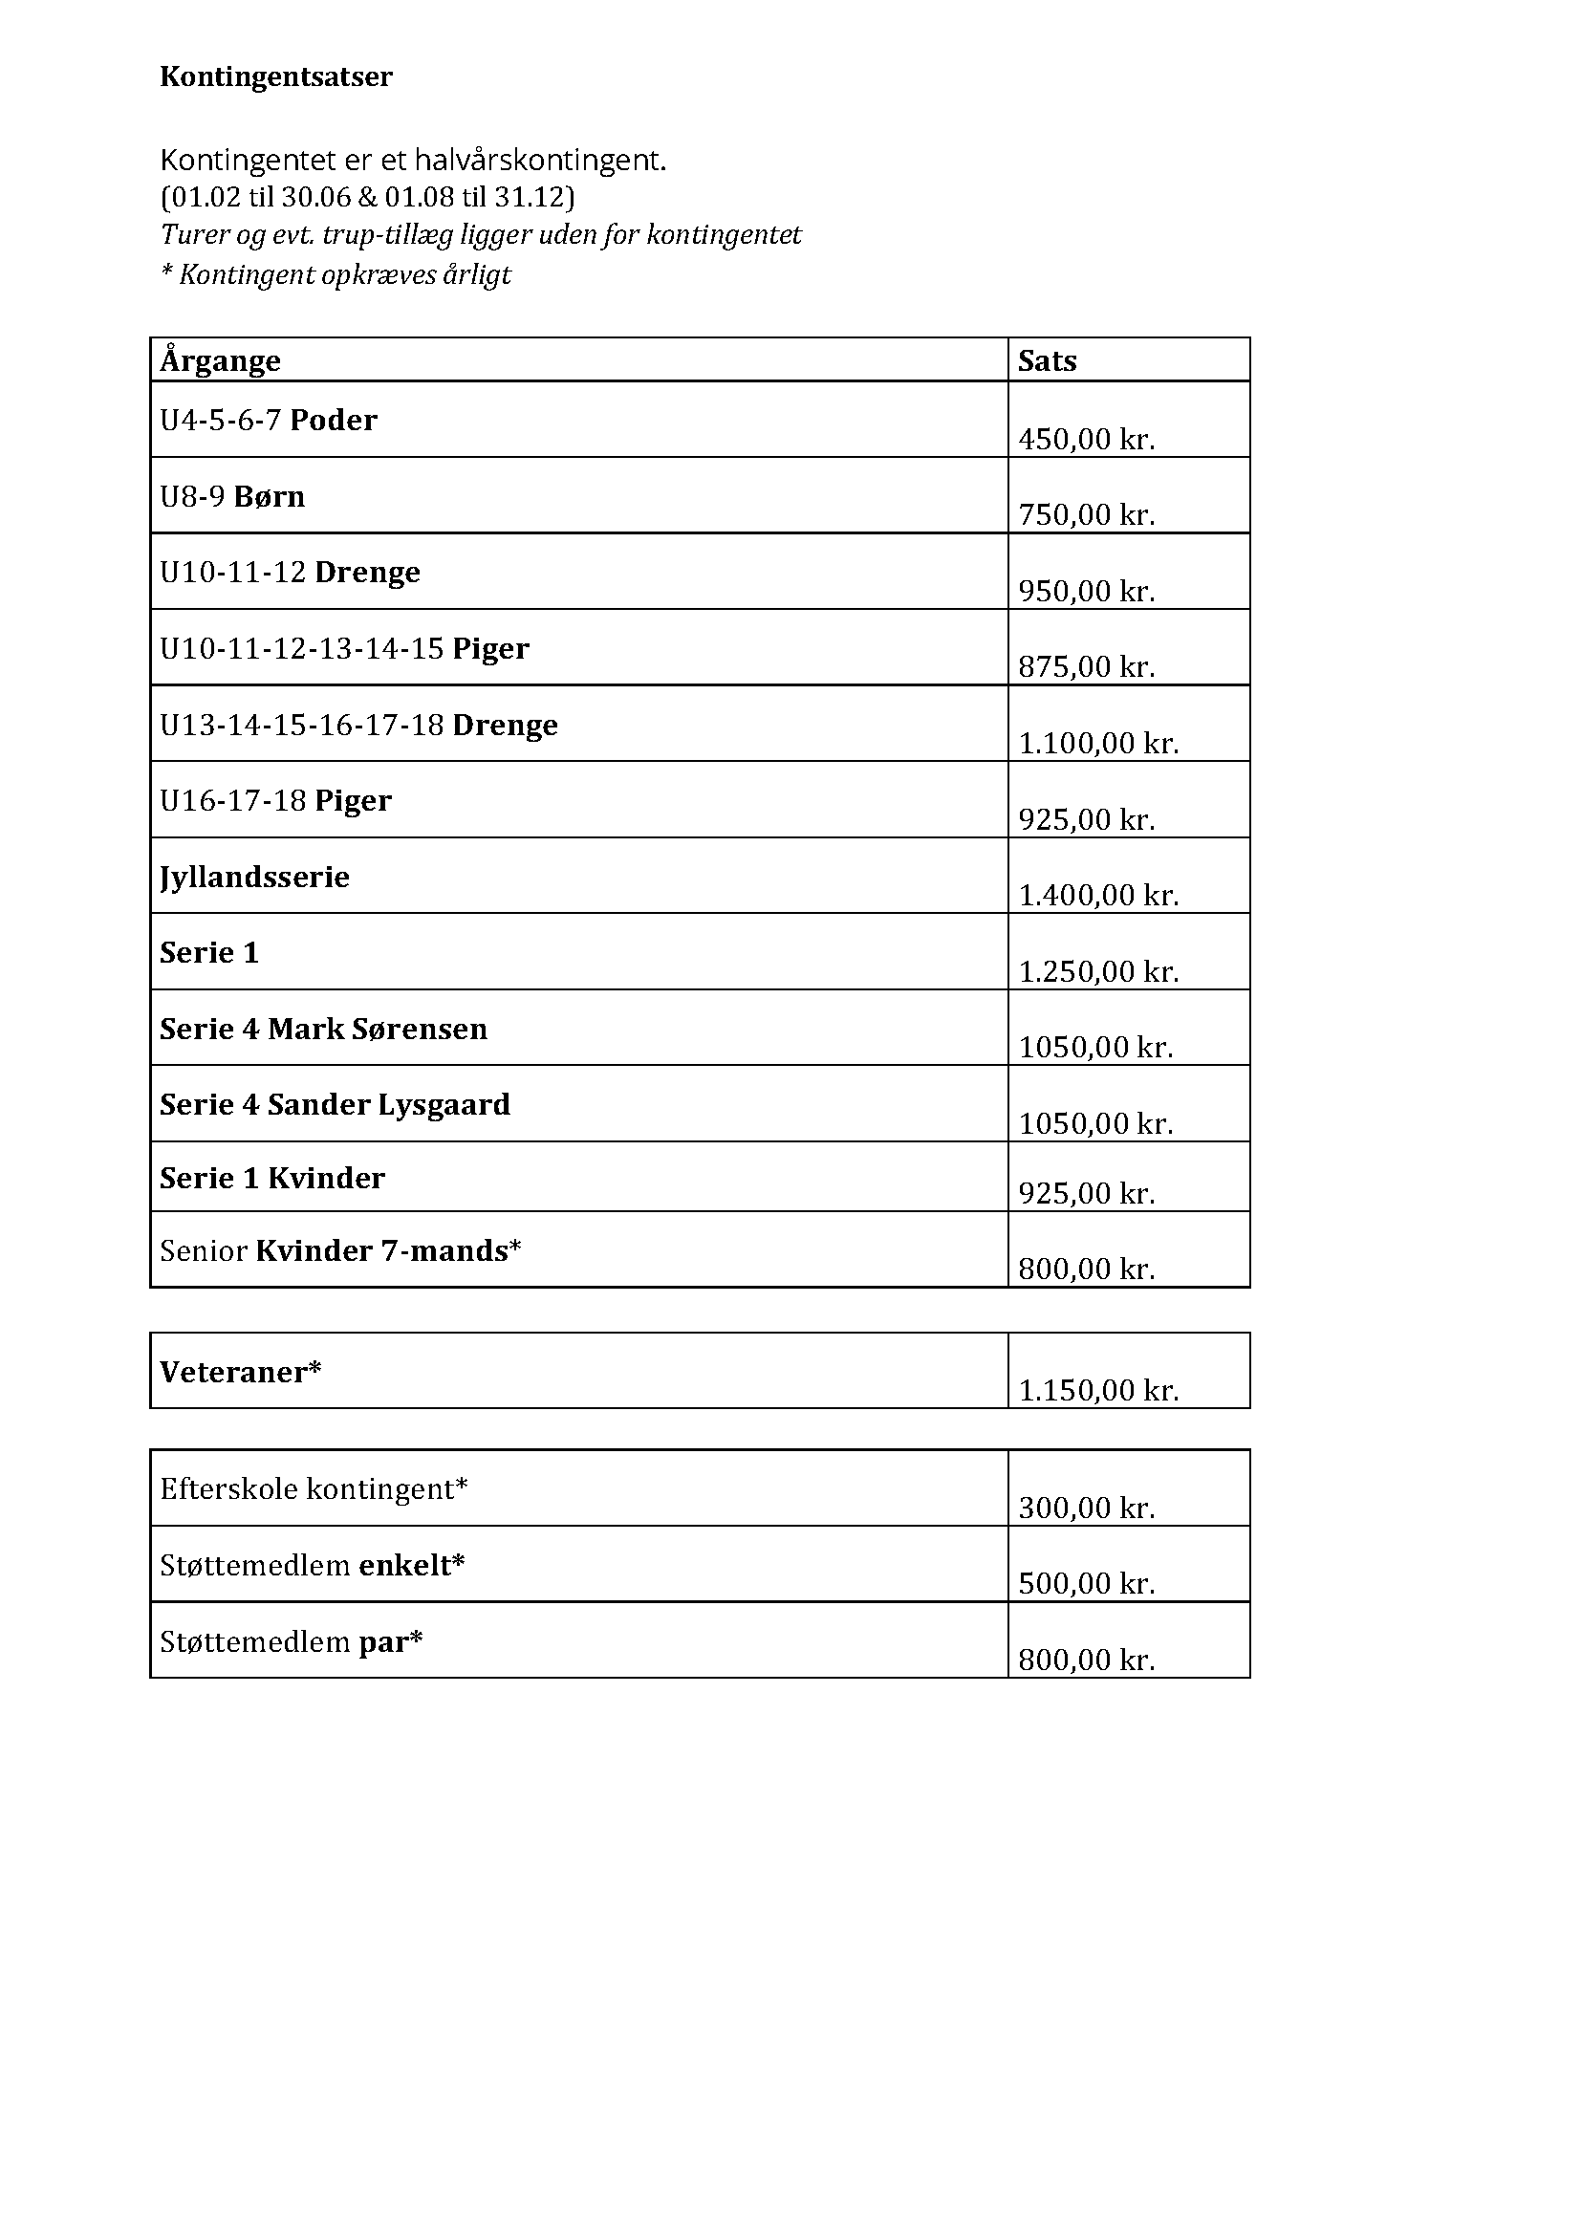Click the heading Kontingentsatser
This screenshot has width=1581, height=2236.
(x=275, y=76)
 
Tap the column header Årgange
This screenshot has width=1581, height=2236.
(x=220, y=361)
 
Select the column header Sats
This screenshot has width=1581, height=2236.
(x=1047, y=361)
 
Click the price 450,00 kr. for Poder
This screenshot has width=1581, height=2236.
(x=1086, y=439)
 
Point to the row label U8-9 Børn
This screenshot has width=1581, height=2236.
(x=231, y=497)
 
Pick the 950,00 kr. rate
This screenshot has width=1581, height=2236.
(x=1086, y=591)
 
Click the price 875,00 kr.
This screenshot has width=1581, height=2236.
(x=1086, y=667)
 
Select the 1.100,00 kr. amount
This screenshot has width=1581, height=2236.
(x=1097, y=744)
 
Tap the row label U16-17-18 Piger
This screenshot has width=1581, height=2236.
(x=275, y=800)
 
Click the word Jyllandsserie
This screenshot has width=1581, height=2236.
(x=254, y=878)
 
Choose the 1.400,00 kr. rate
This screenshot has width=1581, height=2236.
(x=1097, y=895)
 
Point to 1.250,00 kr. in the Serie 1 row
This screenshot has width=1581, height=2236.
(x=1097, y=972)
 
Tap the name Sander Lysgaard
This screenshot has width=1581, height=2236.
(x=388, y=1104)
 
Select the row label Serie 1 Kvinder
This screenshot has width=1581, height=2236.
(x=271, y=1179)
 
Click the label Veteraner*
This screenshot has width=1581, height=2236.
(x=240, y=1372)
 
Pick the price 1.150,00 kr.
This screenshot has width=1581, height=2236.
(x=1097, y=1391)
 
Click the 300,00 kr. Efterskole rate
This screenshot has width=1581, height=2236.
(x=1086, y=1509)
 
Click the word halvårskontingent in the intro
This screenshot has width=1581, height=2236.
(x=540, y=161)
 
